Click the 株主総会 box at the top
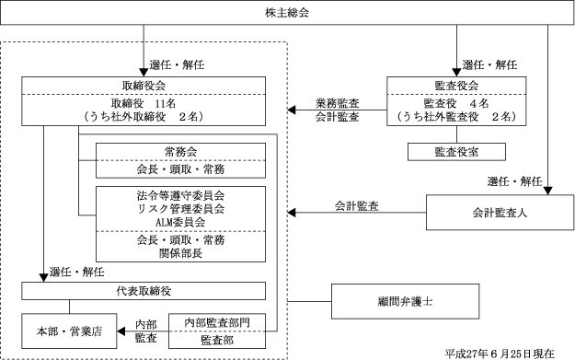click(287, 13)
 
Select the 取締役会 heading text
click(144, 86)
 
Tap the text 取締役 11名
click(144, 103)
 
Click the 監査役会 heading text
click(456, 86)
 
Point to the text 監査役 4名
click(456, 103)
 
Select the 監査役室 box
click(456, 152)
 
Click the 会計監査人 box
click(500, 213)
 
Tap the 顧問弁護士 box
click(405, 301)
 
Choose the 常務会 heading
click(181, 152)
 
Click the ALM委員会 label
click(180, 223)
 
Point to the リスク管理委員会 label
click(181, 209)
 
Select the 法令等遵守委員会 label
click(181, 195)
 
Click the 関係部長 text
click(181, 253)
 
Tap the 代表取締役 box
click(144, 291)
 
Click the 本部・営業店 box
click(69, 331)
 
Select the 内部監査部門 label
click(217, 322)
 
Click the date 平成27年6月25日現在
click(500, 354)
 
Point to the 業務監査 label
click(338, 103)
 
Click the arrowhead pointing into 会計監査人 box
click(548, 191)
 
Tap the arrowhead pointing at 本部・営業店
click(121, 331)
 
